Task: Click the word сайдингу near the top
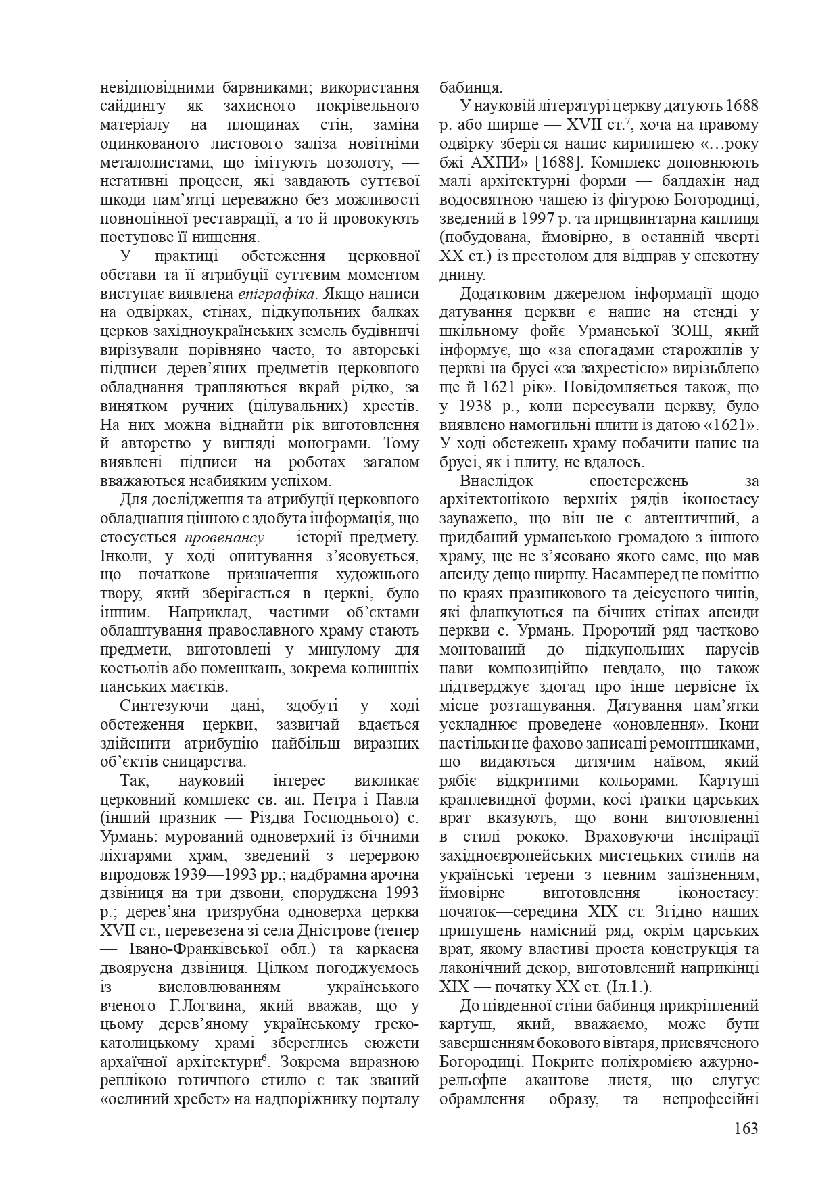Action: click(130, 106)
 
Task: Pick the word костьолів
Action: click(131, 668)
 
